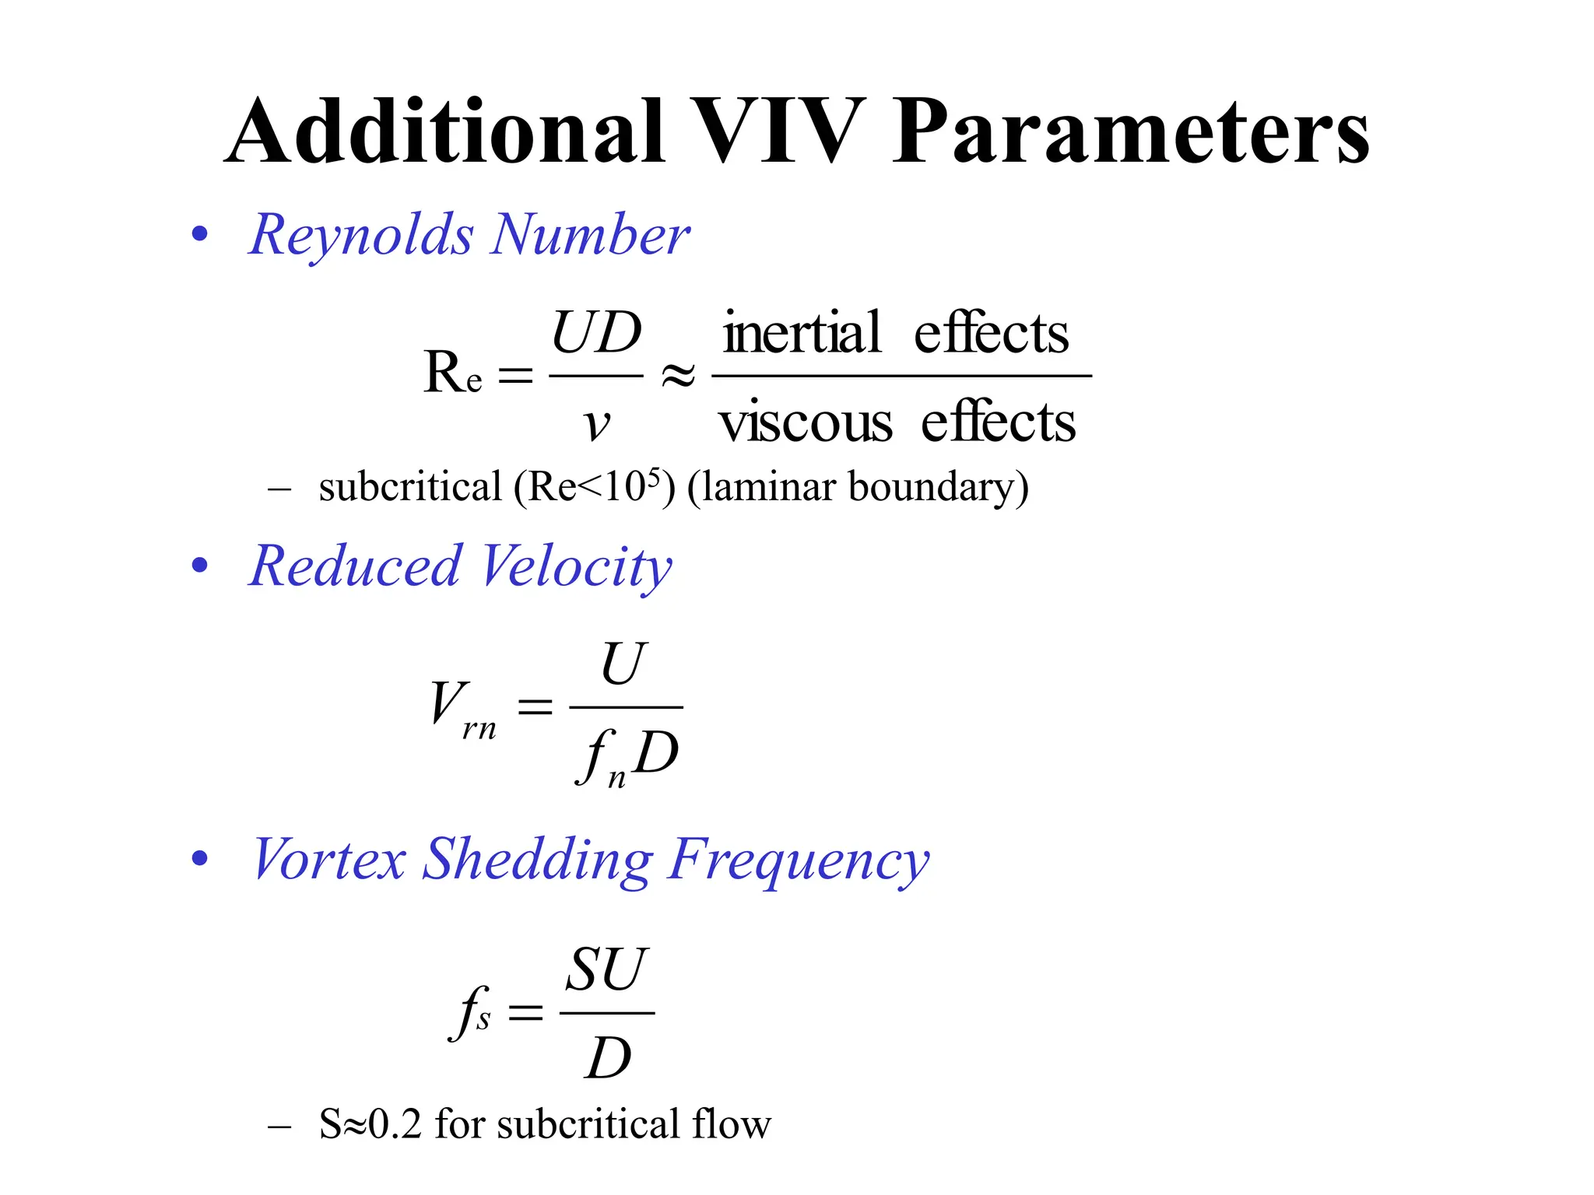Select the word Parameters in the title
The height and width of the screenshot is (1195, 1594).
pyautogui.click(x=1130, y=132)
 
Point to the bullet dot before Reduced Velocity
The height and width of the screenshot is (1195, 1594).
pyautogui.click(x=200, y=566)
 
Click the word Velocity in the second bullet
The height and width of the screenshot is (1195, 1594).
pyautogui.click(x=576, y=567)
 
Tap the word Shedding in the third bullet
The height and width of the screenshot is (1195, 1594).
pyautogui.click(x=537, y=860)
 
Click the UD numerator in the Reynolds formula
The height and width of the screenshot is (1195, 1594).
pyautogui.click(x=596, y=333)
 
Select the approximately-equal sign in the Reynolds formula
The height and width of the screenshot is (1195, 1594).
pyautogui.click(x=677, y=377)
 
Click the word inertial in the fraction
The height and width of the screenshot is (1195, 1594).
pyautogui.click(x=802, y=333)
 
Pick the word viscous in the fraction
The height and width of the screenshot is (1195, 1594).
pyautogui.click(x=805, y=423)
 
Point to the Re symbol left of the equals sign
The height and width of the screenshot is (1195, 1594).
pyautogui.click(x=452, y=373)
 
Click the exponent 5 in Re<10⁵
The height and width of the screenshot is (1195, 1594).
pyautogui.click(x=654, y=476)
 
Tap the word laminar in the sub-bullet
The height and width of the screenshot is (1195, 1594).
pyautogui.click(x=771, y=487)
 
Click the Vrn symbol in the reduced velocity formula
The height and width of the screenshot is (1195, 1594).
pyautogui.click(x=463, y=708)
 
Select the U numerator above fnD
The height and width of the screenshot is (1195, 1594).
pyautogui.click(x=623, y=664)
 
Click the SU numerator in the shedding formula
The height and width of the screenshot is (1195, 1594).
pyautogui.click(x=606, y=970)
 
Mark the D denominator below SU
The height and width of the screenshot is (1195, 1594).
pyautogui.click(x=607, y=1059)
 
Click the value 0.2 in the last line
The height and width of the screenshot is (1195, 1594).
pyautogui.click(x=395, y=1125)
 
